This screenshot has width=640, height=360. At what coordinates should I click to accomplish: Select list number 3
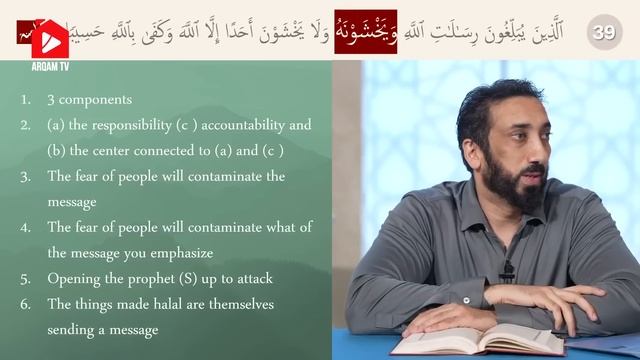pyautogui.click(x=24, y=177)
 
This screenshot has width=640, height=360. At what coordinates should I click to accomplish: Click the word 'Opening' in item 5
pyautogui.click(x=72, y=279)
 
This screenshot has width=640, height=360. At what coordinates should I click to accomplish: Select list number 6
pyautogui.click(x=24, y=304)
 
